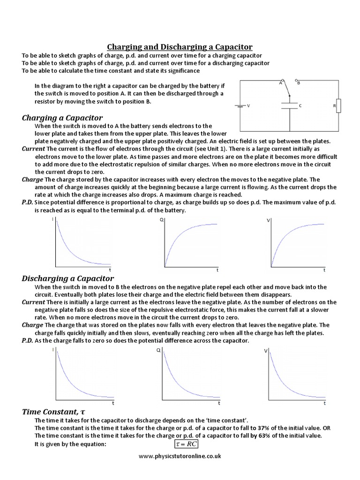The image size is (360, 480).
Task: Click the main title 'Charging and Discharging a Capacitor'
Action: click(x=180, y=47)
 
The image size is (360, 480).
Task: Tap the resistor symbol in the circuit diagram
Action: click(x=338, y=106)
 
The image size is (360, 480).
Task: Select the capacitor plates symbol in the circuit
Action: click(x=290, y=106)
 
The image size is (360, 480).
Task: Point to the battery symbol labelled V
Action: click(x=240, y=106)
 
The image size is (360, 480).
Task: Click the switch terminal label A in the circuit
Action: click(x=281, y=83)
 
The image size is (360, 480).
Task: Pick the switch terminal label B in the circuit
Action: click(x=298, y=83)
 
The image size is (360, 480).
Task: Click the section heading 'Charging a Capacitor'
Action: click(x=62, y=117)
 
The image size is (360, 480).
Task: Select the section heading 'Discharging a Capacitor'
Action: click(x=68, y=278)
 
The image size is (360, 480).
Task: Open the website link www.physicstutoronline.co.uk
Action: click(x=180, y=456)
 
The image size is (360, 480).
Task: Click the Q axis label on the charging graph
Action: click(x=162, y=219)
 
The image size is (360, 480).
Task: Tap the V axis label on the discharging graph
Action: click(x=266, y=351)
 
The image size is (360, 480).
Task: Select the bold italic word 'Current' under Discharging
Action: click(x=33, y=302)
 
